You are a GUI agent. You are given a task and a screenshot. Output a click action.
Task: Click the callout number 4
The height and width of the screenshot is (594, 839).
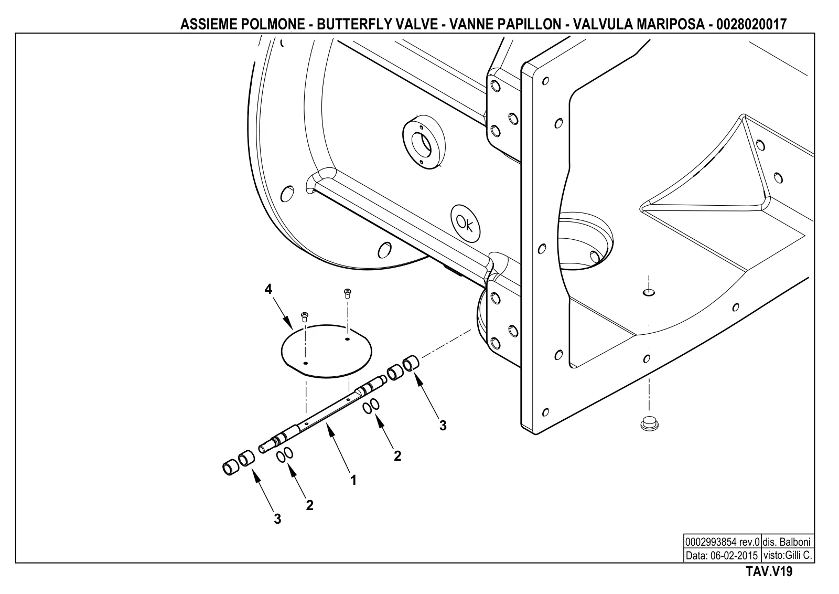pyautogui.click(x=268, y=289)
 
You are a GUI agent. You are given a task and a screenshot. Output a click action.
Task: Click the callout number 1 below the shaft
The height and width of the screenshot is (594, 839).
pyautogui.click(x=353, y=480)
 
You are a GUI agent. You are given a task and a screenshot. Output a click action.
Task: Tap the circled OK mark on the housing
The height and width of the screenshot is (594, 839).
pyautogui.click(x=465, y=224)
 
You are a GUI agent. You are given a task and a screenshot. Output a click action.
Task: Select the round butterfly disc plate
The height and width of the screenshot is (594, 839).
pyautogui.click(x=326, y=351)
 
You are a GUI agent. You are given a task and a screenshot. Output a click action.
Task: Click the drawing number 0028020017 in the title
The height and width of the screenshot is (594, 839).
pyautogui.click(x=751, y=25)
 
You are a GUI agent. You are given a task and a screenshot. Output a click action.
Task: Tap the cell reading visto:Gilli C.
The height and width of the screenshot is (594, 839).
pyautogui.click(x=788, y=555)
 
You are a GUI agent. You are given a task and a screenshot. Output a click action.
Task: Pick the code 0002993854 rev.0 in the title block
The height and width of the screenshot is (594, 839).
pyautogui.click(x=722, y=542)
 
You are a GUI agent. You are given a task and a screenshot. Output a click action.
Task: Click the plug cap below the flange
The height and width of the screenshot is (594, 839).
pyautogui.click(x=650, y=423)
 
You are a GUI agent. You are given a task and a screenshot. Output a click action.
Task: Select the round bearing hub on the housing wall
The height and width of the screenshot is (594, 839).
pyautogui.click(x=424, y=142)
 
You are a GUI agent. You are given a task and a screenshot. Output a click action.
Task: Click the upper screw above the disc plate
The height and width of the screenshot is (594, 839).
pyautogui.click(x=347, y=293)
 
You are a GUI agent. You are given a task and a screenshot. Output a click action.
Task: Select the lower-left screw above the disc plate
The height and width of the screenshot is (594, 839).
pyautogui.click(x=305, y=317)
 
